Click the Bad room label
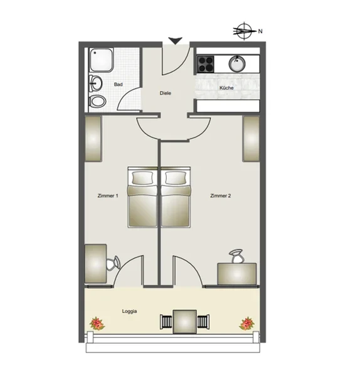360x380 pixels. coord(118,84)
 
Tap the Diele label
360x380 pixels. coord(166,93)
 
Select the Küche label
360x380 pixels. coord(226,88)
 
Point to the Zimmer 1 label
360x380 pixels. coord(108,196)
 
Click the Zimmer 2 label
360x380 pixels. coord(220,196)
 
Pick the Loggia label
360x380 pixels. coord(129,311)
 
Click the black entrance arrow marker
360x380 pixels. coord(175,41)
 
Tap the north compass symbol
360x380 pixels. coord(245,31)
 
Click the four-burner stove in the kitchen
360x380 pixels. coord(206,64)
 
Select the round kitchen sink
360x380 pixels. coord(237,64)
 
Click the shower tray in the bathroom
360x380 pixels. coord(101,60)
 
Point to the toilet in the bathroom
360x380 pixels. coord(97,101)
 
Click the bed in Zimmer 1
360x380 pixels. coord(142,197)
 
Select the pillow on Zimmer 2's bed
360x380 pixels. coord(176,177)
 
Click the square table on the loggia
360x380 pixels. coord(185,322)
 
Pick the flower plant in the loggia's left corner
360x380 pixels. coord(97,324)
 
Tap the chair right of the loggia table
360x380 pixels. coord(203,322)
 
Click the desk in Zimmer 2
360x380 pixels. coord(237,274)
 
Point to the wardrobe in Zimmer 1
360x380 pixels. coord(93,139)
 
